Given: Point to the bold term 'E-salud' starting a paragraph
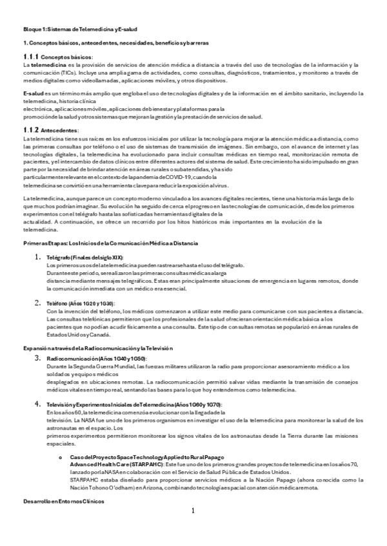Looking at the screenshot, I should pyautogui.click(x=33, y=94).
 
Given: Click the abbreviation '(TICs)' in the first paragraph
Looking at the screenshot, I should pyautogui.click(x=60, y=73).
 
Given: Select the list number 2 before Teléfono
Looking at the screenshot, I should pyautogui.click(x=38, y=303).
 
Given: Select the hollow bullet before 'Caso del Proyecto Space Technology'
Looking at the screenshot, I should pyautogui.click(x=59, y=456).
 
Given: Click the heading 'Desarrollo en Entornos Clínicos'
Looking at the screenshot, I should pyautogui.click(x=63, y=500).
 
